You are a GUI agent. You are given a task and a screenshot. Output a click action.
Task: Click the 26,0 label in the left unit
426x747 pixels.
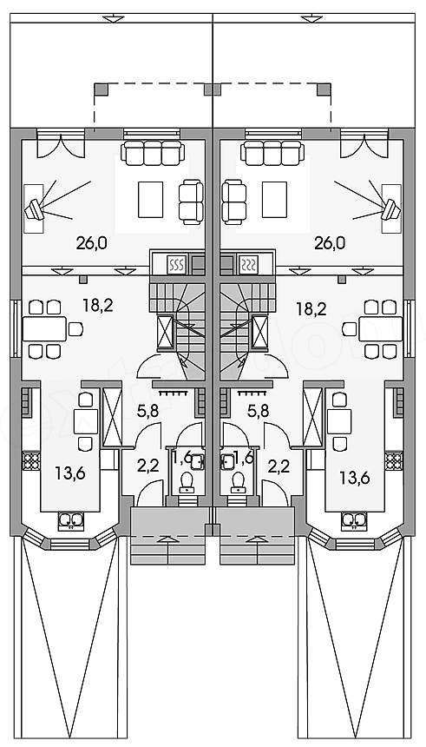pos(91,243)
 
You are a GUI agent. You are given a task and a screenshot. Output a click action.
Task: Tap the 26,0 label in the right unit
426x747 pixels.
pos(330,243)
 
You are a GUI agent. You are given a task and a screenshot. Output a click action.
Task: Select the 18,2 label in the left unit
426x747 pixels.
pos(97,306)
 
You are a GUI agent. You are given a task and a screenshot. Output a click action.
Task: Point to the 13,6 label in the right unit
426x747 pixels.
pos(354,476)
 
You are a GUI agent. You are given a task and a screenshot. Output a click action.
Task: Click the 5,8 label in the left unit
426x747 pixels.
pos(148,411)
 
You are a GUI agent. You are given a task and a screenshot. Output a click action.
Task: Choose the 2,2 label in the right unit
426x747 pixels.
pos(279,466)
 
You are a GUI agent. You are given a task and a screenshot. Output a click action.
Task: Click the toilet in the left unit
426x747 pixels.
pos(186,483)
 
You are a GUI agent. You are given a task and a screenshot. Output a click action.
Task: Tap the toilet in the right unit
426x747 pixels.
pos(238,483)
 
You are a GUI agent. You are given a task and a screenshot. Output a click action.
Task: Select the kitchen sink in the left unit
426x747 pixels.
pos(71,519)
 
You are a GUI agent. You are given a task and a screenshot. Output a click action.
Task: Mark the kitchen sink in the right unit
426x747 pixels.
pos(354,519)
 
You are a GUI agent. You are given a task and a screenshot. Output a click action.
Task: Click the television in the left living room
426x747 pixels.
pos(35,208)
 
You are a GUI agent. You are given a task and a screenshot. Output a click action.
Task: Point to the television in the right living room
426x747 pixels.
pos(391,208)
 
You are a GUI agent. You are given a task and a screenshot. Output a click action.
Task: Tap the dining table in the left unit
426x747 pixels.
pos(45,328)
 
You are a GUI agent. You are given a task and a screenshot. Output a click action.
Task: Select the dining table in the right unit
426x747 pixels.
pos(381,328)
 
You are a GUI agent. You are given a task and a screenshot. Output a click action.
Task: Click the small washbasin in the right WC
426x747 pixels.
pos(226,461)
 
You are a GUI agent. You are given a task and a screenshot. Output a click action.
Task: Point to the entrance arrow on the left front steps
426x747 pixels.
pos(167,539)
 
